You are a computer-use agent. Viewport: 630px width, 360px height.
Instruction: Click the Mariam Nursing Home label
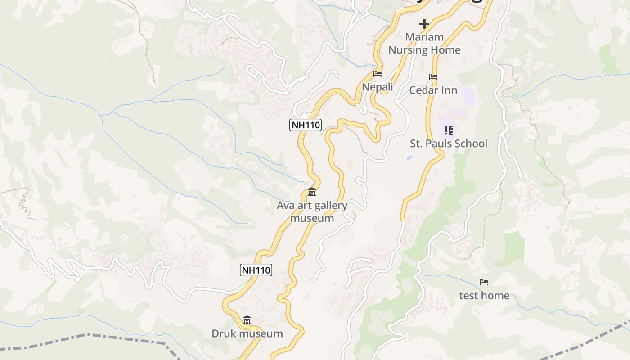424,43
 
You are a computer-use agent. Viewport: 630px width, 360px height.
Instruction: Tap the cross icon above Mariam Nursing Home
424,24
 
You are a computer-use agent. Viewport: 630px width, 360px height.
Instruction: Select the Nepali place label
378,87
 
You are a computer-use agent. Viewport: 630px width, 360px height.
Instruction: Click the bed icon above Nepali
378,74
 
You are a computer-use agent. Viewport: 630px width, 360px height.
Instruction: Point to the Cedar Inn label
433,90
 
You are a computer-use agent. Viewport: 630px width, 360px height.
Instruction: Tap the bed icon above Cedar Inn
433,77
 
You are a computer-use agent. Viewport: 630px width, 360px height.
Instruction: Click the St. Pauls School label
448,144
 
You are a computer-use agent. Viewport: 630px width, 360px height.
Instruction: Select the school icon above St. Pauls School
448,130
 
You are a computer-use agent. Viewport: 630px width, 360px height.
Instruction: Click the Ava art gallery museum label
312,212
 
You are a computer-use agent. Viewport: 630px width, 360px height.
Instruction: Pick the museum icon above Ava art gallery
312,193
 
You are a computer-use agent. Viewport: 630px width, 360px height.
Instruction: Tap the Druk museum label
247,333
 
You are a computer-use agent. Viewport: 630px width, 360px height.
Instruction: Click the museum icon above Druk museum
247,320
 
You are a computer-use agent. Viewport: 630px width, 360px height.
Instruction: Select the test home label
484,295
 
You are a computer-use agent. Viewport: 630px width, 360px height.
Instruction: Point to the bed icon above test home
484,282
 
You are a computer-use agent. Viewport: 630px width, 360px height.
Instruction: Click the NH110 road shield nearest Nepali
305,125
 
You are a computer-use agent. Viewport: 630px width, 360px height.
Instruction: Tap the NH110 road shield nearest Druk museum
256,270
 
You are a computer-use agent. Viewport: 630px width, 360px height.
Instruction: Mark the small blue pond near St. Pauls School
409,158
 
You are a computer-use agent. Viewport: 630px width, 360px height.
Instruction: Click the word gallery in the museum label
331,206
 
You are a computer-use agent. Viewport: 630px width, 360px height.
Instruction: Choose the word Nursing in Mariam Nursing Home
408,50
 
